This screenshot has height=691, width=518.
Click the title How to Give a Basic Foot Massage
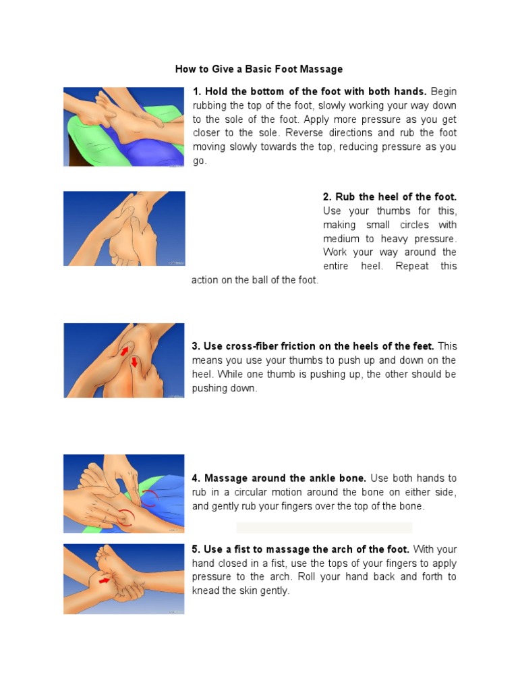click(x=258, y=70)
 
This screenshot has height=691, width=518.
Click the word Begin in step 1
click(x=444, y=92)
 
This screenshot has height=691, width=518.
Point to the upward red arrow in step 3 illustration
click(x=125, y=351)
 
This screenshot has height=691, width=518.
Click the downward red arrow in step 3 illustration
click(x=134, y=362)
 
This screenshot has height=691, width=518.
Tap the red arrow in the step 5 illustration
click(x=105, y=581)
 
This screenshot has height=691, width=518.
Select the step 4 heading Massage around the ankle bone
click(x=285, y=478)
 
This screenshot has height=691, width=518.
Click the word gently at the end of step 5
click(x=275, y=591)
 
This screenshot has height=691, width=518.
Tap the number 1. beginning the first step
click(x=197, y=92)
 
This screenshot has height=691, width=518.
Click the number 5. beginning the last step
click(x=196, y=549)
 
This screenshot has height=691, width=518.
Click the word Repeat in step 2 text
click(x=412, y=266)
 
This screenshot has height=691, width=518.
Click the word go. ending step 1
click(x=200, y=161)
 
